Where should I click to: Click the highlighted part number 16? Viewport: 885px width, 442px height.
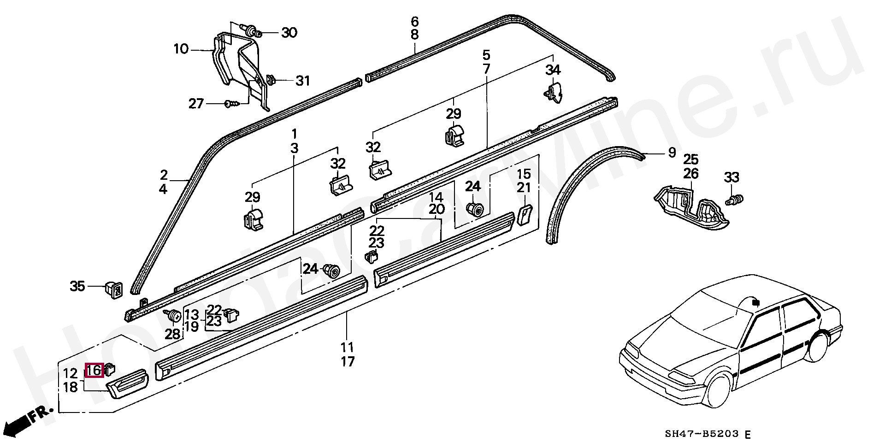(x=94, y=370)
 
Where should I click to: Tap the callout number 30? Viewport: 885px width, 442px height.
(x=289, y=33)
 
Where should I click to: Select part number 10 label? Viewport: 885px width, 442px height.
(x=181, y=48)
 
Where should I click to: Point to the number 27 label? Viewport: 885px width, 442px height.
(x=196, y=104)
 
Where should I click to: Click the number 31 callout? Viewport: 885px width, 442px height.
(x=302, y=81)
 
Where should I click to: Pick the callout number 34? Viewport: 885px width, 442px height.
(x=553, y=70)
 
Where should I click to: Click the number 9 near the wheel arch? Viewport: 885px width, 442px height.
(x=672, y=152)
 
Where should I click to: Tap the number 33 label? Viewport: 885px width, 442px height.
(x=732, y=177)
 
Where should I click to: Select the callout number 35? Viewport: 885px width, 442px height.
(x=77, y=286)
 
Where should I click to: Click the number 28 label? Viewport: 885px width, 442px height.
(x=172, y=334)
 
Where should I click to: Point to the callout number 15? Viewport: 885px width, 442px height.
(x=524, y=174)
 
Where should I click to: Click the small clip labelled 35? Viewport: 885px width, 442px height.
(x=114, y=289)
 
